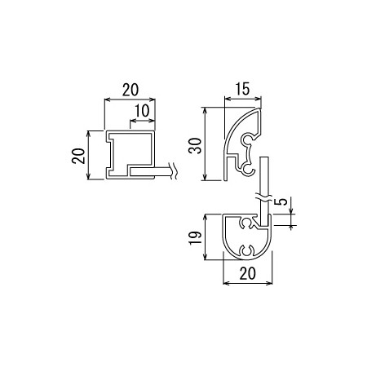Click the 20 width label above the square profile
tap(130, 90)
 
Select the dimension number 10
tap(142, 111)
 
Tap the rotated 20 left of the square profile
tap(78, 156)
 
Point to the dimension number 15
tap(242, 89)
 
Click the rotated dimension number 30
tap(195, 146)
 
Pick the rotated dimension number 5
tap(283, 201)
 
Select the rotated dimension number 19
tap(195, 238)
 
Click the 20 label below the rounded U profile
tap(248, 273)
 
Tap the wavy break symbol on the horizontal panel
tap(173, 171)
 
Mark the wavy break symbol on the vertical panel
tap(263, 197)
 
